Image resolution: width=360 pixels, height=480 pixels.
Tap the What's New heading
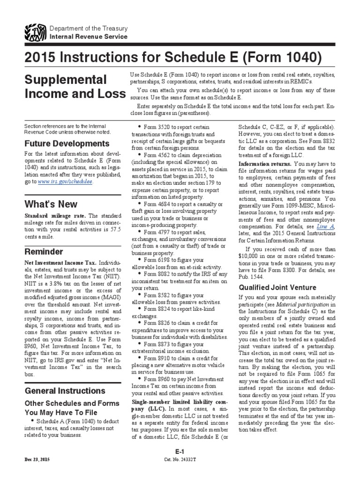click(47, 204)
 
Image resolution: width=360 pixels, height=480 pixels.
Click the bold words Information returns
click(265, 164)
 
